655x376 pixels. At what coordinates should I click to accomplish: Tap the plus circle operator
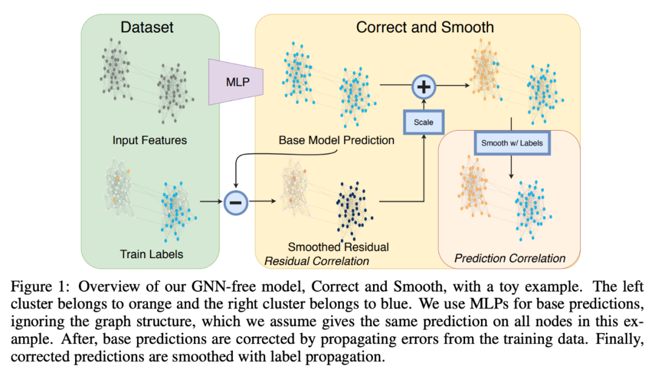424,87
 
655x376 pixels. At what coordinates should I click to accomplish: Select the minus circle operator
235,202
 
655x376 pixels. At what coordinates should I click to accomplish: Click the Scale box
423,121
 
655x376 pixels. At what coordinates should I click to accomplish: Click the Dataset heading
147,27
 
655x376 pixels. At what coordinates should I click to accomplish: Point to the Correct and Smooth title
425,27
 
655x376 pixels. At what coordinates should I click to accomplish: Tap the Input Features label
149,140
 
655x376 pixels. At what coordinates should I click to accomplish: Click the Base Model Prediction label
336,140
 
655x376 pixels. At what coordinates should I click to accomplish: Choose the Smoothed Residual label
338,247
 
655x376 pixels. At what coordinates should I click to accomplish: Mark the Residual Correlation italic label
317,261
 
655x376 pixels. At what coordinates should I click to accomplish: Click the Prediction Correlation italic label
509,258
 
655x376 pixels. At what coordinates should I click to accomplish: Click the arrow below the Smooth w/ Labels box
512,166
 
